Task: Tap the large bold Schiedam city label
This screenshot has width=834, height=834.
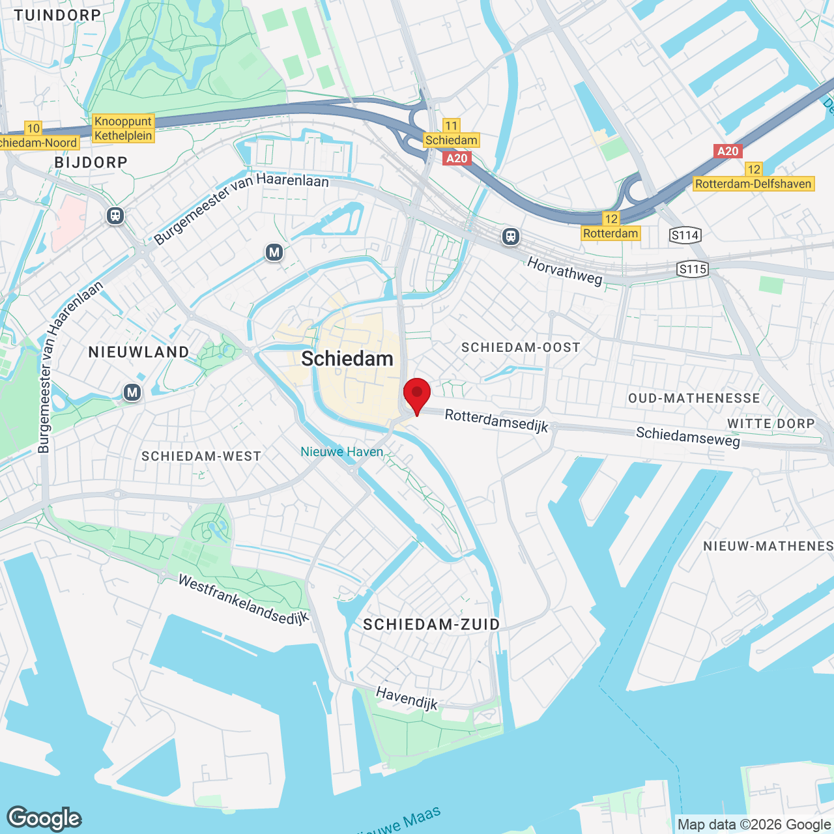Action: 347,359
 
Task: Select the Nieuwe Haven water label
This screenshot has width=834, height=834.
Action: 341,452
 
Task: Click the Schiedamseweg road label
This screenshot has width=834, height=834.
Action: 688,437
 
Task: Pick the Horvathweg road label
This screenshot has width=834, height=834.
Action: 564,270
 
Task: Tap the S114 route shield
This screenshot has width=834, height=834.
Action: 685,235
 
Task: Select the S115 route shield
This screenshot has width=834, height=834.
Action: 692,269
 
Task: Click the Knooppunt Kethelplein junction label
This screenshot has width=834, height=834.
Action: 123,128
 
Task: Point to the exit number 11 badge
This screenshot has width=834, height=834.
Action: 451,126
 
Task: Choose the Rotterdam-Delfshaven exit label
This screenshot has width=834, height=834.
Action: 753,184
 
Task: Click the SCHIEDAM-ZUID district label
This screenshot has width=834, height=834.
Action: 431,625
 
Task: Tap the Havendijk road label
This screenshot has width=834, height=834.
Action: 407,698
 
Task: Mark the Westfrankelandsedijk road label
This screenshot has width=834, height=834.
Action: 243,600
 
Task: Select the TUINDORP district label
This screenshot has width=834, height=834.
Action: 57,15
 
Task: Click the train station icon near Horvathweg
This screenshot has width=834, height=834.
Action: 511,236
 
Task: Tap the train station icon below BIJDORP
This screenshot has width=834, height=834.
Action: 115,215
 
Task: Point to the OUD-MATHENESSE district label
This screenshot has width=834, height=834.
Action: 694,398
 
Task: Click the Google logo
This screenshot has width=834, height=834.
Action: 44,818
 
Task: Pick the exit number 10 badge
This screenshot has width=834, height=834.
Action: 33,128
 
